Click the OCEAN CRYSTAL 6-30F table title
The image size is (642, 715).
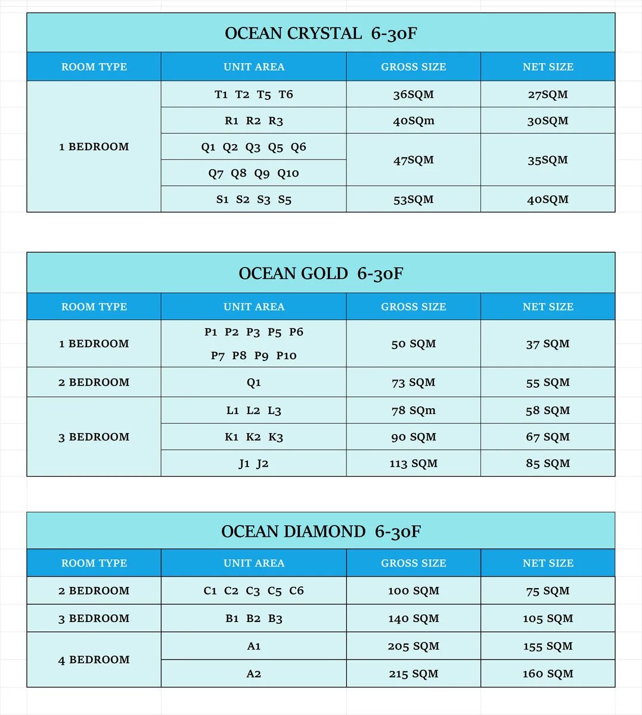[321, 33]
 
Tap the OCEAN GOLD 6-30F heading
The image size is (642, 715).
[321, 273]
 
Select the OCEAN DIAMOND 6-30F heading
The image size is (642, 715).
[321, 531]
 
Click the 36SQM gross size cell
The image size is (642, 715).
[413, 94]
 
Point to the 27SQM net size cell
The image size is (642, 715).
[548, 94]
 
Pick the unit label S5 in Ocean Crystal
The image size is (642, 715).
[285, 200]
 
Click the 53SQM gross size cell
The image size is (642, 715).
[413, 200]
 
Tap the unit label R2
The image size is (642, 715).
[253, 121]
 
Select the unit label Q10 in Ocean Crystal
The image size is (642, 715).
[288, 173]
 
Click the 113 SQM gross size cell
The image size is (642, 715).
[413, 464]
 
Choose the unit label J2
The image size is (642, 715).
[262, 464]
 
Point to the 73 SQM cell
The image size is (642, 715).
[413, 383]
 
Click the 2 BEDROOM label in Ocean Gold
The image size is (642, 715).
[94, 383]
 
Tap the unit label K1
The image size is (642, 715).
[231, 437]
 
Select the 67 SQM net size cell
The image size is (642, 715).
[548, 437]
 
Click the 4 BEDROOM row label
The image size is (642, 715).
[94, 660]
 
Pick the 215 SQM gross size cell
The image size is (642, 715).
[413, 674]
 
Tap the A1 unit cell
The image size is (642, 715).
[254, 646]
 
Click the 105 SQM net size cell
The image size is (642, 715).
[548, 618]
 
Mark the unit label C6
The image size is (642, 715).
[296, 591]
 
